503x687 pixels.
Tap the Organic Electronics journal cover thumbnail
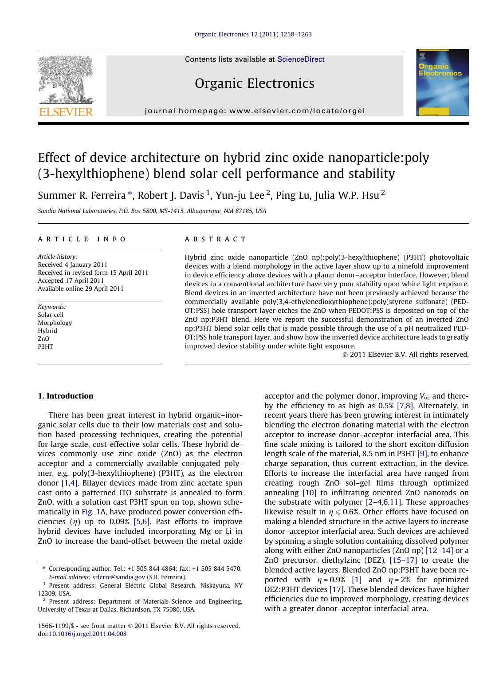click(x=442, y=83)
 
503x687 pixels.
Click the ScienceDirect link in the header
click(x=300, y=59)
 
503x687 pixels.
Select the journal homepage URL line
click(x=255, y=111)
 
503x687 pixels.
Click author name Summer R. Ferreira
click(x=82, y=196)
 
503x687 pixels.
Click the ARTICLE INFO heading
click(x=82, y=239)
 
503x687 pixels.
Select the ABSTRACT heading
click(x=215, y=239)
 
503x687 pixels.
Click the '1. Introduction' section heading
click(x=66, y=396)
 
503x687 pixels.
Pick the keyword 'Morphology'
click(x=55, y=323)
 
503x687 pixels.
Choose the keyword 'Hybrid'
click(x=47, y=331)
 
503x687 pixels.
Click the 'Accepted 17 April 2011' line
click(x=71, y=280)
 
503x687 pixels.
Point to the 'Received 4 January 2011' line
click(x=72, y=265)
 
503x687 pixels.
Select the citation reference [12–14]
click(x=439, y=550)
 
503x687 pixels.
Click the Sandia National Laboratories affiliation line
click(x=152, y=211)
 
